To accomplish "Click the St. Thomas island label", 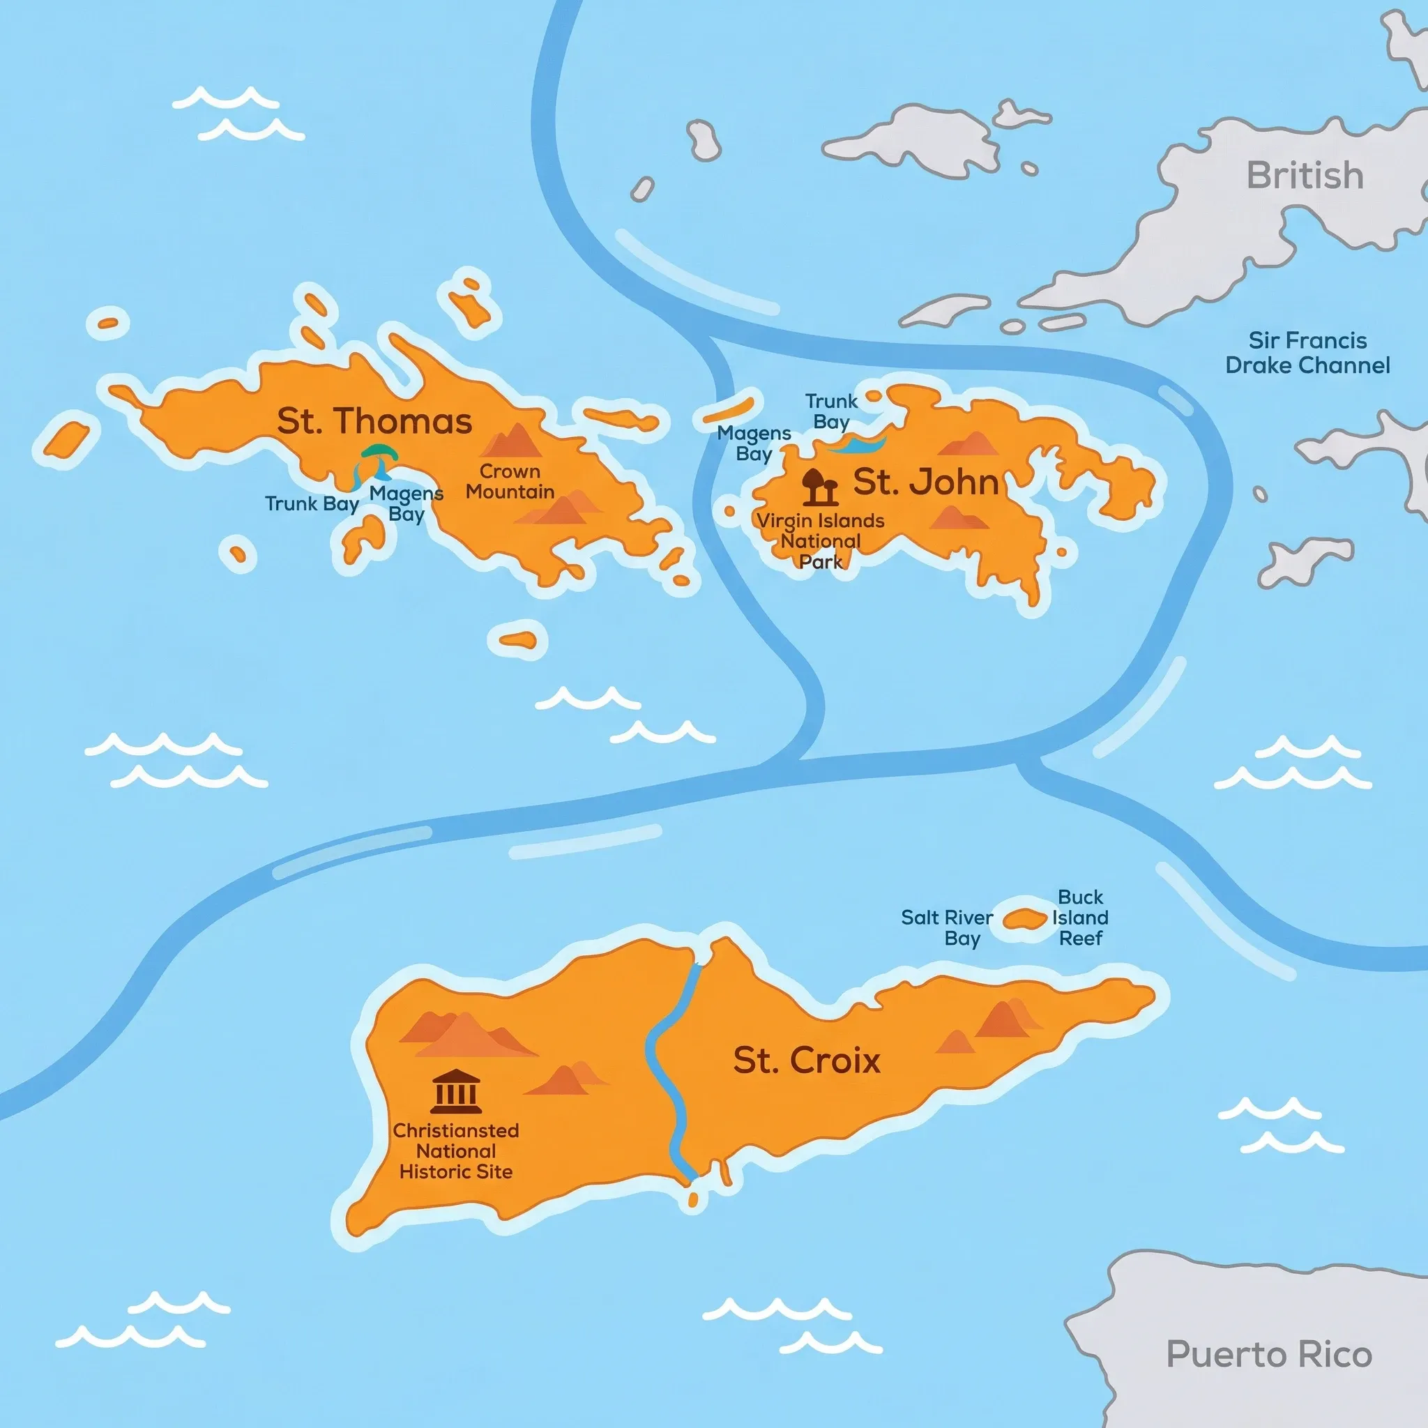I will click(x=374, y=421).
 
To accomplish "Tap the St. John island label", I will click(x=925, y=482).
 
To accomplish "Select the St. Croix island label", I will click(x=807, y=1061).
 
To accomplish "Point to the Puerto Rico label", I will click(x=1268, y=1355).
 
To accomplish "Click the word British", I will click(x=1305, y=176).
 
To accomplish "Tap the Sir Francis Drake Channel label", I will click(x=1307, y=353).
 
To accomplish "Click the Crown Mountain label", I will click(x=509, y=482).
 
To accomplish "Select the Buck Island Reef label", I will click(x=1080, y=918).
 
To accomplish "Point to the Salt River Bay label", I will click(x=947, y=927).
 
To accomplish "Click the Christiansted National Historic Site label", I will click(x=455, y=1150).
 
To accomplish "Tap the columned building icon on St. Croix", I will click(x=455, y=1092).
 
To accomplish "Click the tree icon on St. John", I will click(x=819, y=485).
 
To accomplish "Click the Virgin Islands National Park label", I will click(x=821, y=541).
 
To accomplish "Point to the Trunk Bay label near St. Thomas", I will click(x=312, y=504).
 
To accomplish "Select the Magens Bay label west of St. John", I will click(x=753, y=443).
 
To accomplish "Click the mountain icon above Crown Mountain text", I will click(x=512, y=442).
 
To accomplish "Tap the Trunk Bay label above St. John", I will click(x=830, y=411).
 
